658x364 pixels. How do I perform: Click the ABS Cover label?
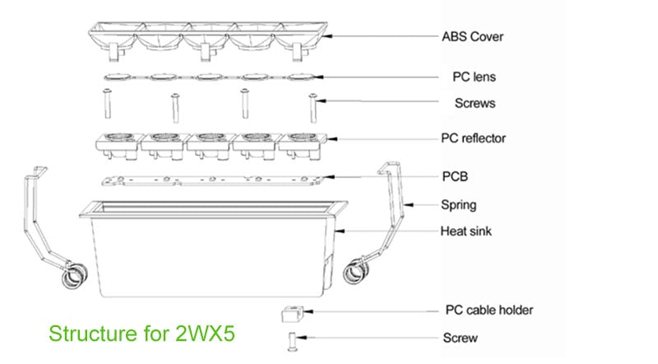click(472, 36)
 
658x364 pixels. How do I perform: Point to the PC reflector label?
click(473, 138)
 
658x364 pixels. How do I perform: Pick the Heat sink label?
click(466, 231)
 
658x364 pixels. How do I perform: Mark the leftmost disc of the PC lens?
click(114, 78)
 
